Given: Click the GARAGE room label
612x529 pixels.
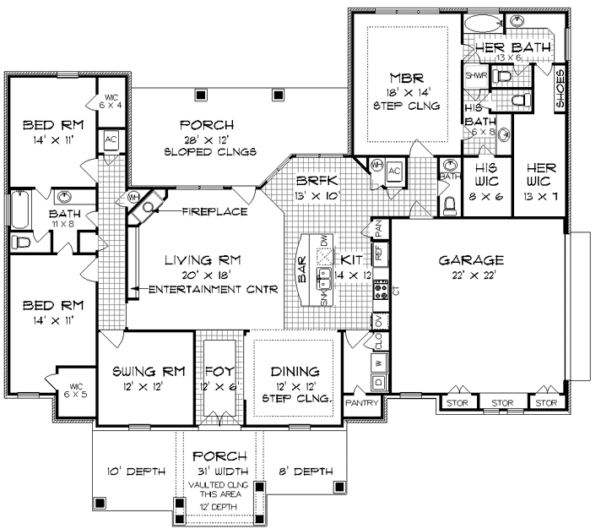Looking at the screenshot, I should [473, 260].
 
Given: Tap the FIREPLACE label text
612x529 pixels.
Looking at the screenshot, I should [214, 210].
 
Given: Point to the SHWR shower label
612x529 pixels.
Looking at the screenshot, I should [474, 75].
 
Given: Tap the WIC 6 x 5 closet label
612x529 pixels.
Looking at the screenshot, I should [74, 390].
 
